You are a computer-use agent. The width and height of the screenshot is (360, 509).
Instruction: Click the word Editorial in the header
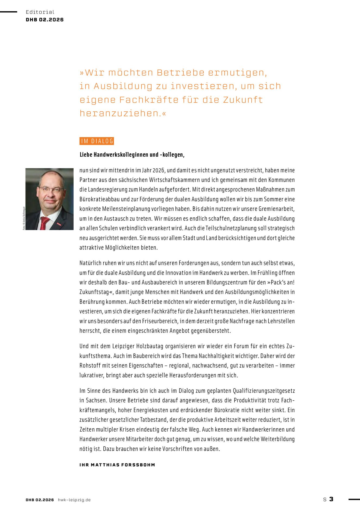coord(40,12)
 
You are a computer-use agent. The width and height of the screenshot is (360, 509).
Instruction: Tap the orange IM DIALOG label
coord(97,141)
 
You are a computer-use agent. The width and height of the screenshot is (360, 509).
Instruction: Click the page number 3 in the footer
coord(331,499)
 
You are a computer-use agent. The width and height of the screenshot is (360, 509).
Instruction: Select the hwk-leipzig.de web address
coord(74,500)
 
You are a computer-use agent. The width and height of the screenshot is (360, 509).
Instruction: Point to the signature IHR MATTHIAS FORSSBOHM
coord(117,465)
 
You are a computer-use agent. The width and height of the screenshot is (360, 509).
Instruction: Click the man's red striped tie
coord(44,223)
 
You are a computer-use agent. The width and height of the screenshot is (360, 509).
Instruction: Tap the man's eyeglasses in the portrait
coord(51,189)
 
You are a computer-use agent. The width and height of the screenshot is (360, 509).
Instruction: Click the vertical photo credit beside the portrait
coord(24,218)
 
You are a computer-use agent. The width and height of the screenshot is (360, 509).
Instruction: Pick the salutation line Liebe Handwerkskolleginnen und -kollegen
coord(132,155)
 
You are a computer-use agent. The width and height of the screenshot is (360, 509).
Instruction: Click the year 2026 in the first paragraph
coord(159,170)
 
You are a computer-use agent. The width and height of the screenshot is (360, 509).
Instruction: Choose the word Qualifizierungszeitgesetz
coord(264,391)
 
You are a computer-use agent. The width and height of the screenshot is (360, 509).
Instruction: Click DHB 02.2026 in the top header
coord(45,20)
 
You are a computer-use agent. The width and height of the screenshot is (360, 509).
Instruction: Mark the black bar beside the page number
coord(354,499)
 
